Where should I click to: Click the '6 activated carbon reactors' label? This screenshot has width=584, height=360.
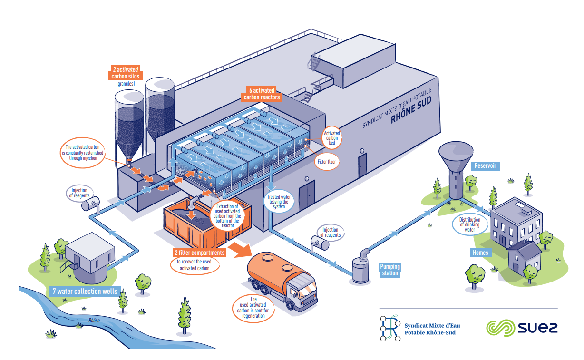pyautogui.click(x=262, y=94)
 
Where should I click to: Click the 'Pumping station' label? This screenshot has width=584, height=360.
pyautogui.click(x=389, y=270)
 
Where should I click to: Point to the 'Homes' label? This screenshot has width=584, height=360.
pyautogui.click(x=480, y=253)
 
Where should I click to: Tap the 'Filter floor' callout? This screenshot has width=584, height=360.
pyautogui.click(x=327, y=162)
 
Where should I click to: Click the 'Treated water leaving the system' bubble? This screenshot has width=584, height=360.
pyautogui.click(x=279, y=201)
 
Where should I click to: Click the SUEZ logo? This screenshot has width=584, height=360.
pyautogui.click(x=521, y=328)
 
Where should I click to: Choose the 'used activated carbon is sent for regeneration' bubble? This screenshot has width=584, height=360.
pyautogui.click(x=253, y=308)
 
